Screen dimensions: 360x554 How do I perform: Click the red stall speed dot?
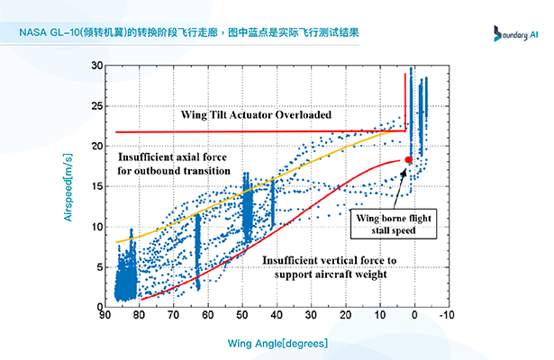pyautogui.click(x=407, y=159)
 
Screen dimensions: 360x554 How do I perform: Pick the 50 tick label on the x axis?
pyautogui.click(x=243, y=317)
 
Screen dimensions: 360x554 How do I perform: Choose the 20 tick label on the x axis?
pyautogui.click(x=345, y=317)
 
